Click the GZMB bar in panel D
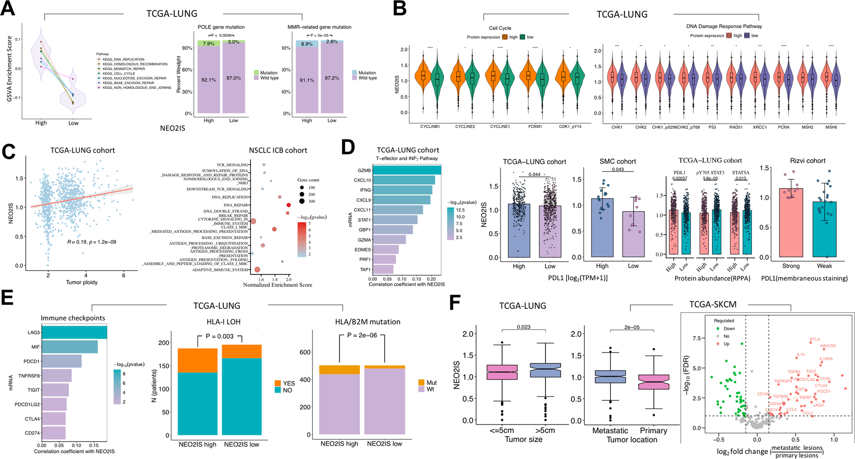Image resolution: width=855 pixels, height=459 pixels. point(406,170)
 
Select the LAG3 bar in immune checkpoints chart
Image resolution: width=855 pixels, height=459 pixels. point(74,332)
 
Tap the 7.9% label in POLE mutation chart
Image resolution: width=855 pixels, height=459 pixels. point(209,44)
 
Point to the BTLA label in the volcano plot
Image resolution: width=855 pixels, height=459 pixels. point(815,339)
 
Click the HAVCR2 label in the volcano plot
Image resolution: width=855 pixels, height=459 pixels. point(828,346)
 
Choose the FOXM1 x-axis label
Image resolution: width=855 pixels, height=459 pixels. point(535,127)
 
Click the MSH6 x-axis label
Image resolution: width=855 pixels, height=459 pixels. point(831,127)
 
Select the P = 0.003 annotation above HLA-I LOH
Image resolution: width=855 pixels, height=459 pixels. point(219,336)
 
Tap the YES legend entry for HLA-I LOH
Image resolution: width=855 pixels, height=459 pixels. point(289,384)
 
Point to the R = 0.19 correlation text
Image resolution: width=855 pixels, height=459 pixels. point(91,242)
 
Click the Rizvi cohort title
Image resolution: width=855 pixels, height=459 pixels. point(807,161)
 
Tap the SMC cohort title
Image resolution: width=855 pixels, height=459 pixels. point(618,161)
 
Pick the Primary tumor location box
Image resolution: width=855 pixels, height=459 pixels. point(653,382)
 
